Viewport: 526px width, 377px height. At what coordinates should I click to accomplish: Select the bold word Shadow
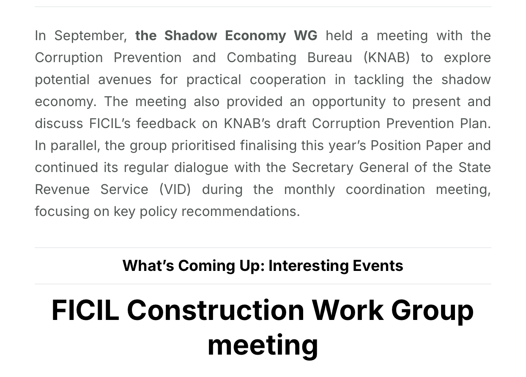[191, 36]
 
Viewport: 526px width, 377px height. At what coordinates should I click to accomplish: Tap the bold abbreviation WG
[306, 36]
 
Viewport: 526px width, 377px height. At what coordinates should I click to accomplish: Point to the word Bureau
[330, 58]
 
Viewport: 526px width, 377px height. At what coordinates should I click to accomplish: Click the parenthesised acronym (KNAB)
[386, 58]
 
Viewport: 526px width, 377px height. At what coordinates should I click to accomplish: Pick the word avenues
[125, 80]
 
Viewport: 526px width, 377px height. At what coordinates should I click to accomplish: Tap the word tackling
[379, 80]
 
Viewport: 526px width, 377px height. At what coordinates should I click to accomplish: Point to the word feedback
[166, 124]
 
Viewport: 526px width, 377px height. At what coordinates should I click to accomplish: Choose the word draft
[291, 124]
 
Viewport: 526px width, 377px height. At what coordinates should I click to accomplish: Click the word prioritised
[203, 146]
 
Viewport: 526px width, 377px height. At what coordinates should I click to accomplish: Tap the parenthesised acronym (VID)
[175, 190]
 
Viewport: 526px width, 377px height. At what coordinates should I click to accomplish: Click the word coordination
[385, 190]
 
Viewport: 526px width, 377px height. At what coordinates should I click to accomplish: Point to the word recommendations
[241, 211]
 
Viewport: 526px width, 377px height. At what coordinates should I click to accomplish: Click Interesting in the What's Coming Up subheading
[309, 266]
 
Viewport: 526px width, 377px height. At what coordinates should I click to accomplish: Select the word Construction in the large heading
[216, 310]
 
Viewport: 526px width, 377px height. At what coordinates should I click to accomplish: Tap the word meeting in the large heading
[263, 345]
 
